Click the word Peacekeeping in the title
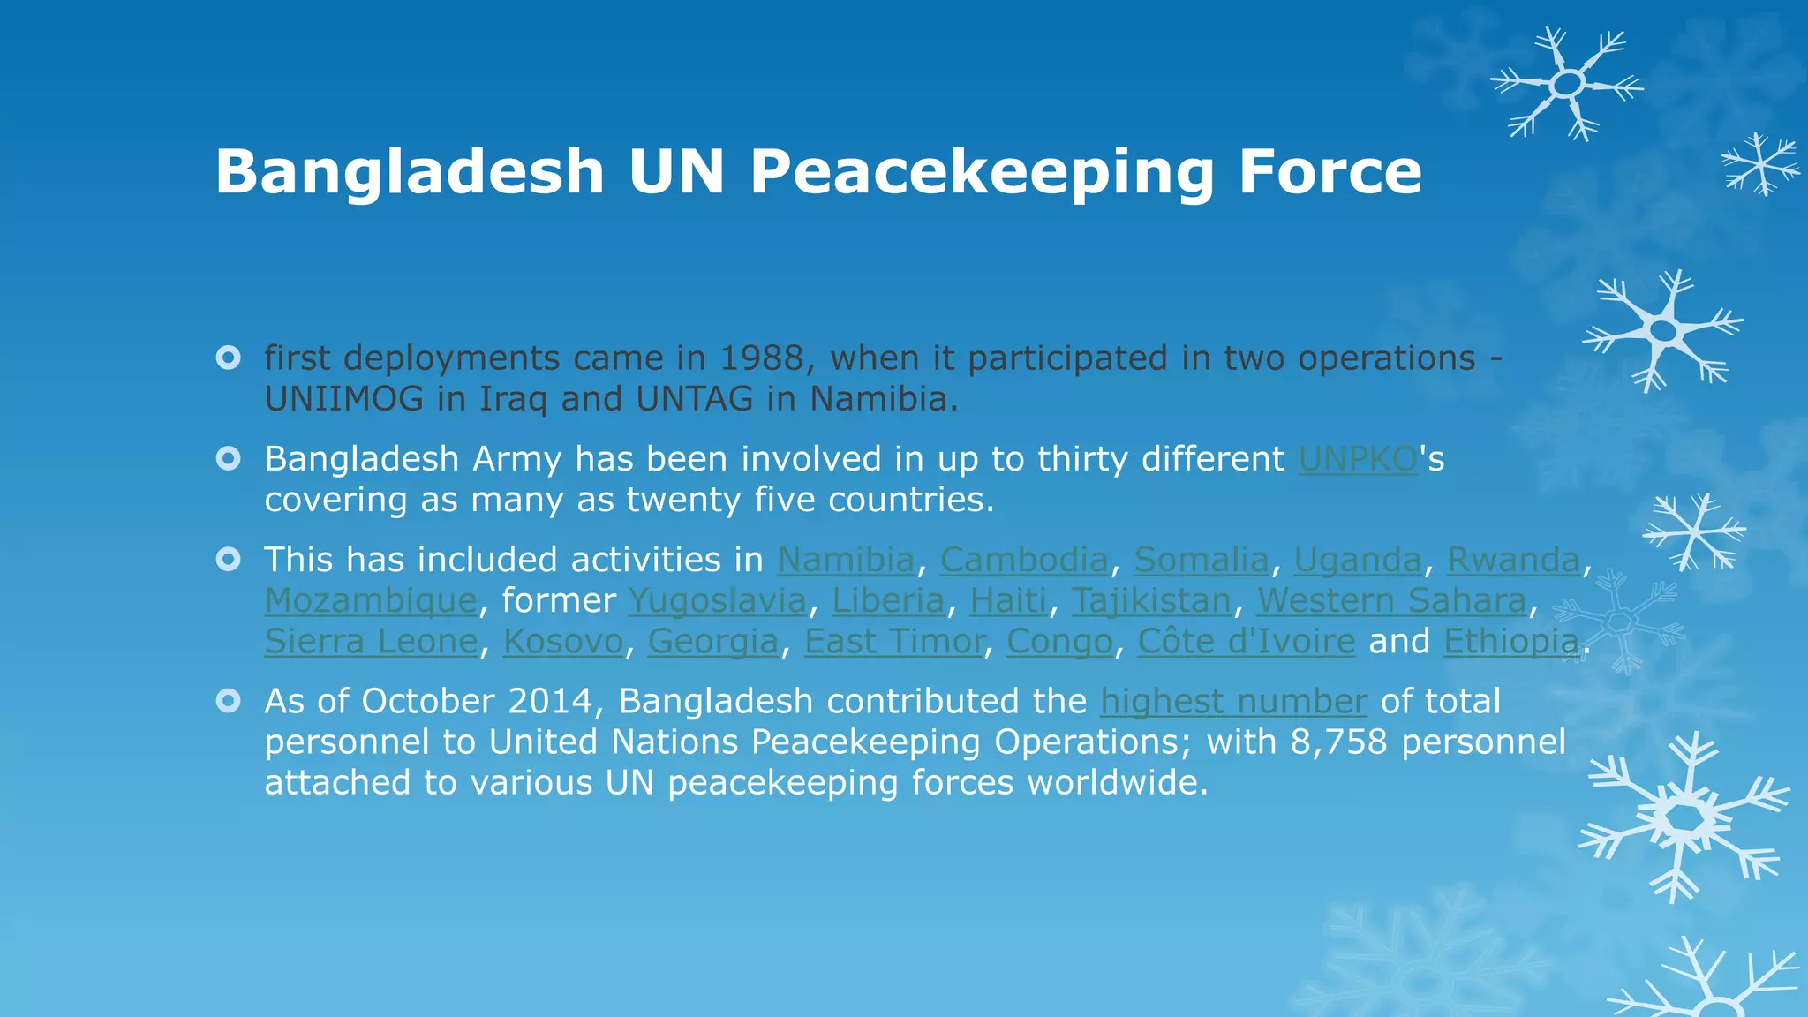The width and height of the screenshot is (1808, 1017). [982, 171]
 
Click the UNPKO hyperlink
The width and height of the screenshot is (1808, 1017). [1358, 459]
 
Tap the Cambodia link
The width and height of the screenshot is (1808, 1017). [1024, 560]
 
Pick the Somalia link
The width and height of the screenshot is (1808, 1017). [1201, 560]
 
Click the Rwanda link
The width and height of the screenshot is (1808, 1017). [1513, 560]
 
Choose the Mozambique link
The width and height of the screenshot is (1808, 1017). [371, 600]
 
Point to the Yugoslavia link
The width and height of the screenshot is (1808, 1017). [717, 600]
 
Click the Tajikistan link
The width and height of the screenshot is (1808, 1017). [1151, 600]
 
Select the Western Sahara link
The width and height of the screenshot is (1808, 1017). [1391, 600]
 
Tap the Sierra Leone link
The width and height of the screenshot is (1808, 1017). [371, 641]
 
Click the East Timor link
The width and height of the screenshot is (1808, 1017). [894, 641]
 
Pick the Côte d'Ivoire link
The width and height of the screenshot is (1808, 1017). [1246, 641]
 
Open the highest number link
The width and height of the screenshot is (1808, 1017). [1233, 701]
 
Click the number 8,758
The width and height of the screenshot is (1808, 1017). [1338, 742]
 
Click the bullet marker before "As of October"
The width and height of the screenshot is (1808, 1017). [229, 701]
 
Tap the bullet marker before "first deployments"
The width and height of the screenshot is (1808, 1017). [229, 358]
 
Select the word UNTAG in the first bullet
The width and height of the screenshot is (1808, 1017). [694, 399]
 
